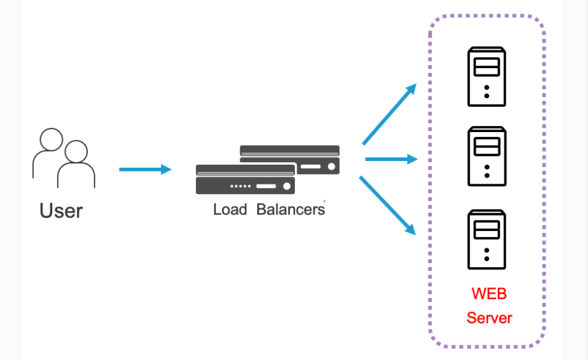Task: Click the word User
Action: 61,211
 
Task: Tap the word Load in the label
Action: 230,209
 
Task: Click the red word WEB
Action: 489,294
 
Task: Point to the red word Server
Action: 489,318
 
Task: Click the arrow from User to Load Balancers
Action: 144,170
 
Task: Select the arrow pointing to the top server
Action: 390,114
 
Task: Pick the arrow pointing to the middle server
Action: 391,160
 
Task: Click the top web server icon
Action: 487,77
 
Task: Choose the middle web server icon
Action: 487,156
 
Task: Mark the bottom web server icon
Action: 487,240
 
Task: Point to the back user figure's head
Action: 51,139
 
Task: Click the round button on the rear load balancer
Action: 332,166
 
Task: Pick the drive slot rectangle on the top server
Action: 487,66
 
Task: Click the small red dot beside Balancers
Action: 324,201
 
